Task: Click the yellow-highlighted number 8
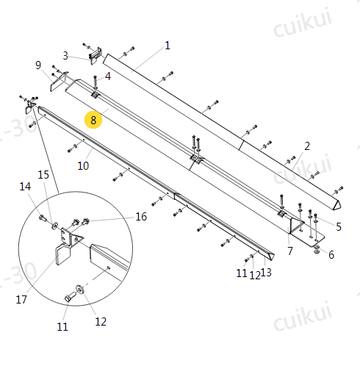click(93, 120)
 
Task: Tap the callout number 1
click(168, 46)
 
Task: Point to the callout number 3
click(108, 76)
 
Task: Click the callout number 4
click(339, 227)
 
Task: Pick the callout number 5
click(331, 255)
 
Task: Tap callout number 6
click(290, 251)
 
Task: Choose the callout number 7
click(38, 65)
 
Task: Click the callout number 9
click(83, 166)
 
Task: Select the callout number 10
click(266, 273)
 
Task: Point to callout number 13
click(25, 187)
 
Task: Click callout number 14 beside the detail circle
click(43, 175)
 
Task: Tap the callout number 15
click(141, 217)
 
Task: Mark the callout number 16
click(21, 299)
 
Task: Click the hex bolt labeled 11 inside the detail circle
click(79, 290)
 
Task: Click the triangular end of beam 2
click(59, 82)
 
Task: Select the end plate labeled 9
click(63, 255)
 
